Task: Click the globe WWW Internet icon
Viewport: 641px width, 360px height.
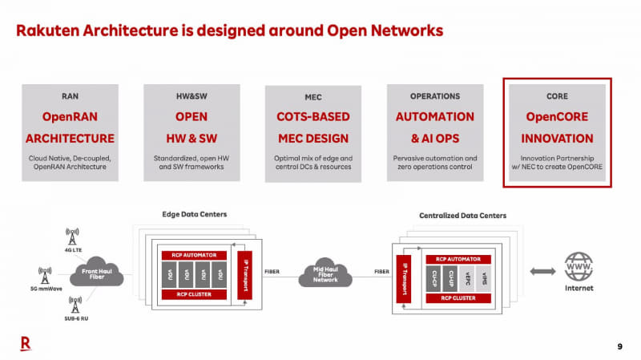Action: pyautogui.click(x=580, y=268)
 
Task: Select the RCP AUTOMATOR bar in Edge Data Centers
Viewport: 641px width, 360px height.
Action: pyautogui.click(x=195, y=254)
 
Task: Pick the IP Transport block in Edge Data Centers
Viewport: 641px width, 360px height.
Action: pyautogui.click(x=246, y=273)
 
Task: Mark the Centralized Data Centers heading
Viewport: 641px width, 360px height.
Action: pyautogui.click(x=462, y=216)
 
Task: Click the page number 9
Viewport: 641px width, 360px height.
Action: pyautogui.click(x=619, y=346)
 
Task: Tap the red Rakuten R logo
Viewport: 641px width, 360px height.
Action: pyautogui.click(x=25, y=344)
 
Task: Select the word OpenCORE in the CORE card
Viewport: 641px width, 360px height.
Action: pyautogui.click(x=556, y=116)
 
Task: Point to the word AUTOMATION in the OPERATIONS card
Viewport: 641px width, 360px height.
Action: pyautogui.click(x=435, y=116)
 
